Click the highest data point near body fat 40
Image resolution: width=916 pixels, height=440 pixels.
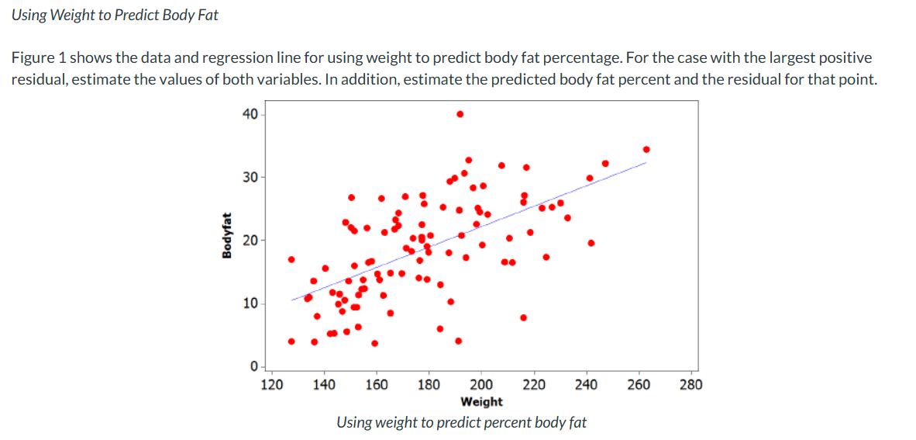pos(460,113)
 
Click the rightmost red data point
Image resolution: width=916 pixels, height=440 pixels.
pos(646,149)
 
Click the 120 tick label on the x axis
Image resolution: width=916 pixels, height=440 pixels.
pos(271,384)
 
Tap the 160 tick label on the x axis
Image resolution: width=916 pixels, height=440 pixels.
pos(377,384)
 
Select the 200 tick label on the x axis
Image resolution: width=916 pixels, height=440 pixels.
pos(481,384)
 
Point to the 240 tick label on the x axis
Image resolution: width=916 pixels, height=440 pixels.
pos(586,384)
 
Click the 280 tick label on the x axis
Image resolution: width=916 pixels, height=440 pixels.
pos(690,384)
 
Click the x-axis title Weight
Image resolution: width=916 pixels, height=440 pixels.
pos(481,401)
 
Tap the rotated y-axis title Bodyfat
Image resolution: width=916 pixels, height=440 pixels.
pos(226,235)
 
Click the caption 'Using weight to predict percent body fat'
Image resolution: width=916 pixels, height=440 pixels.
pos(461,423)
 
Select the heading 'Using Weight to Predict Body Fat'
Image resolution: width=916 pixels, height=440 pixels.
pos(115,16)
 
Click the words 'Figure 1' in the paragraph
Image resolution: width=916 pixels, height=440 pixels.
pos(36,58)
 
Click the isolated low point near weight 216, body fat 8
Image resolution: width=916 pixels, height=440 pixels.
pos(524,317)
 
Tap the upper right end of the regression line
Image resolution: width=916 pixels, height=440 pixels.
pos(646,163)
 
